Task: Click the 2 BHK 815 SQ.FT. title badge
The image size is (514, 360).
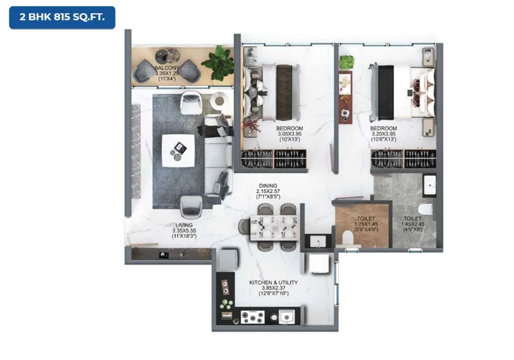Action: click(62, 17)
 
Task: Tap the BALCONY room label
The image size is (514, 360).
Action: click(167, 68)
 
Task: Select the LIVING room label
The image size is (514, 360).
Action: click(184, 225)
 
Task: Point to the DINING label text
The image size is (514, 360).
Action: click(268, 186)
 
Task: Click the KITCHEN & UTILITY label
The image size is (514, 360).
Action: click(274, 282)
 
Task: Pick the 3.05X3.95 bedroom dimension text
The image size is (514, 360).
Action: click(290, 134)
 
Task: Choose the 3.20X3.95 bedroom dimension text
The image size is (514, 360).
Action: click(384, 134)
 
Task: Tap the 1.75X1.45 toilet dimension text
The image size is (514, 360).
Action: click(366, 224)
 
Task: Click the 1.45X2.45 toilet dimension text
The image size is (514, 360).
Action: click(413, 224)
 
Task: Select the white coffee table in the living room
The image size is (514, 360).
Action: click(178, 151)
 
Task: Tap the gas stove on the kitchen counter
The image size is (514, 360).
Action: click(252, 317)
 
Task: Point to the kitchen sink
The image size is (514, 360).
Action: click(287, 317)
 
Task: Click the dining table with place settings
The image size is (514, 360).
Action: click(274, 228)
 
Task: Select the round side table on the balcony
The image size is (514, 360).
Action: click(167, 56)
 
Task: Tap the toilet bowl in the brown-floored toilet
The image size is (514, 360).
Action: click(347, 238)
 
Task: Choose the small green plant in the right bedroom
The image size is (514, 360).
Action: click(347, 62)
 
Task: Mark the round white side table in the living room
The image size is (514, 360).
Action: click(219, 100)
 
